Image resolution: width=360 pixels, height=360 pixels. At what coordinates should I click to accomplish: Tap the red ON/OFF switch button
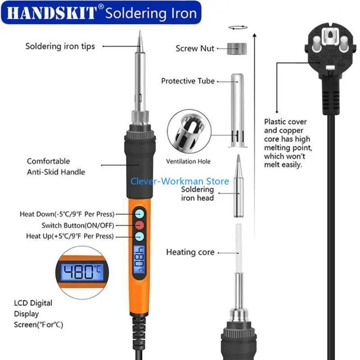[x=139, y=225]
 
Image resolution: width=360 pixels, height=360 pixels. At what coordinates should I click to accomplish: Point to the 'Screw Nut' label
[x=195, y=48]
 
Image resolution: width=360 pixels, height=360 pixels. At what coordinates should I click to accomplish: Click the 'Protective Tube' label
[x=188, y=81]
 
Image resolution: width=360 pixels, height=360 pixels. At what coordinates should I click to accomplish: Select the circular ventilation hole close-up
[x=188, y=132]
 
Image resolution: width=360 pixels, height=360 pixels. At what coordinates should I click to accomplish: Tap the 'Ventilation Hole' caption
[x=188, y=161]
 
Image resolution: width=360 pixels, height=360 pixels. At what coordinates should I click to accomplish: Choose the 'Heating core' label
[x=190, y=252]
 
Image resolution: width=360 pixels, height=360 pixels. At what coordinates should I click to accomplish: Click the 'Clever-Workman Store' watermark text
[x=180, y=181]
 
